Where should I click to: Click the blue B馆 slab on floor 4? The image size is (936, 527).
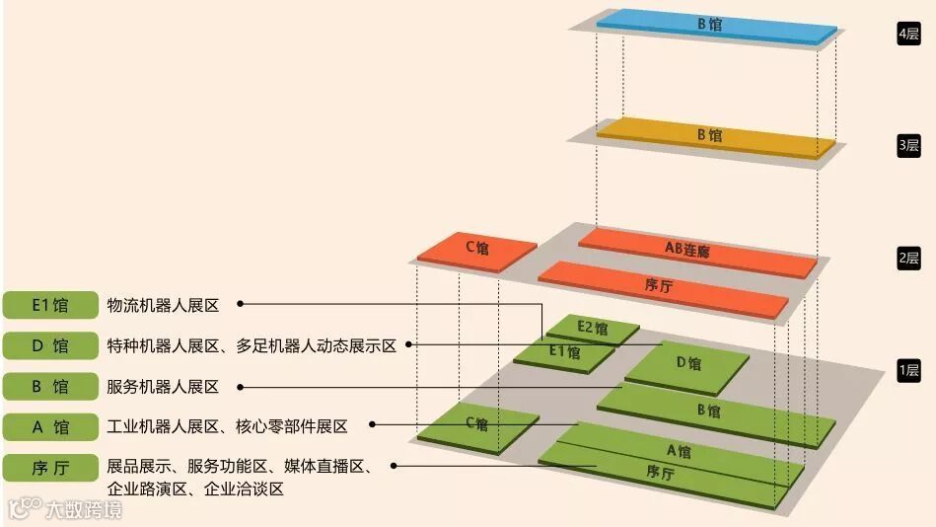pyautogui.click(x=709, y=26)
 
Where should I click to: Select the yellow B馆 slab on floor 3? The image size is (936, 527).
pyautogui.click(x=709, y=136)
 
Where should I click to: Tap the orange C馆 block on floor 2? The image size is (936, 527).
pyautogui.click(x=476, y=249)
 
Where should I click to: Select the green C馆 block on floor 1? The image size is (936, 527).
pyautogui.click(x=477, y=424)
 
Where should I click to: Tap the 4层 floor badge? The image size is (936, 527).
pyautogui.click(x=908, y=34)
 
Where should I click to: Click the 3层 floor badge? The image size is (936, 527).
pyautogui.click(x=908, y=146)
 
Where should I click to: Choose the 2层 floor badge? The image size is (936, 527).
pyautogui.click(x=908, y=260)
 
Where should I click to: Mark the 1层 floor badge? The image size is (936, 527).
pyautogui.click(x=908, y=371)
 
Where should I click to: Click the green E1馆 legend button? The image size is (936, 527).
pyautogui.click(x=50, y=305)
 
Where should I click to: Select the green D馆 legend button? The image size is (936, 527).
pyautogui.click(x=50, y=345)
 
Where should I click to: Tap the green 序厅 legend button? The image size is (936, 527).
pyautogui.click(x=50, y=468)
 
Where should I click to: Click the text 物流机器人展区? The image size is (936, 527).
pyautogui.click(x=163, y=305)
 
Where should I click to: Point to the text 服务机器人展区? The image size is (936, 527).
pyautogui.click(x=163, y=387)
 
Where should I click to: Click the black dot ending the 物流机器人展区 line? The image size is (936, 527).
pyautogui.click(x=240, y=305)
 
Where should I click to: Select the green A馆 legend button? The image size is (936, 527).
pyautogui.click(x=50, y=427)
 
